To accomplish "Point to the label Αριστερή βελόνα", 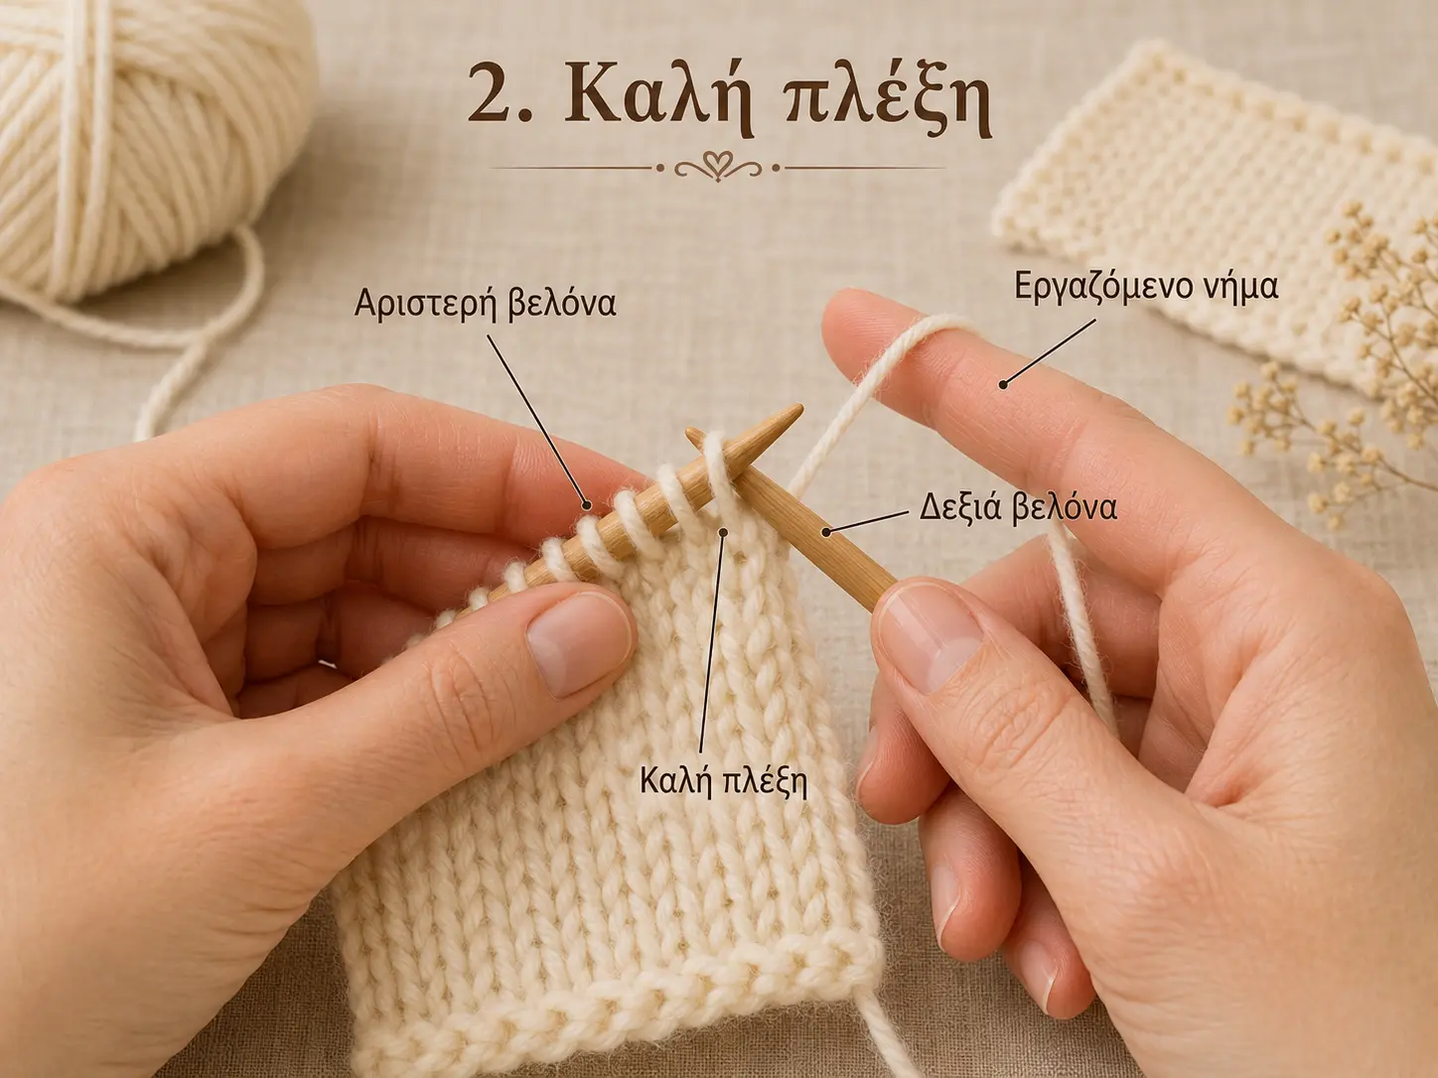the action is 485,305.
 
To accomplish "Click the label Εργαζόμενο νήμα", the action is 1146,289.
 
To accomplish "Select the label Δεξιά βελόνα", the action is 1019,508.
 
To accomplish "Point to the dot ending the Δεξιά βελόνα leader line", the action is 827,531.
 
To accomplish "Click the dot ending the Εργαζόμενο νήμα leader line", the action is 1002,385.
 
